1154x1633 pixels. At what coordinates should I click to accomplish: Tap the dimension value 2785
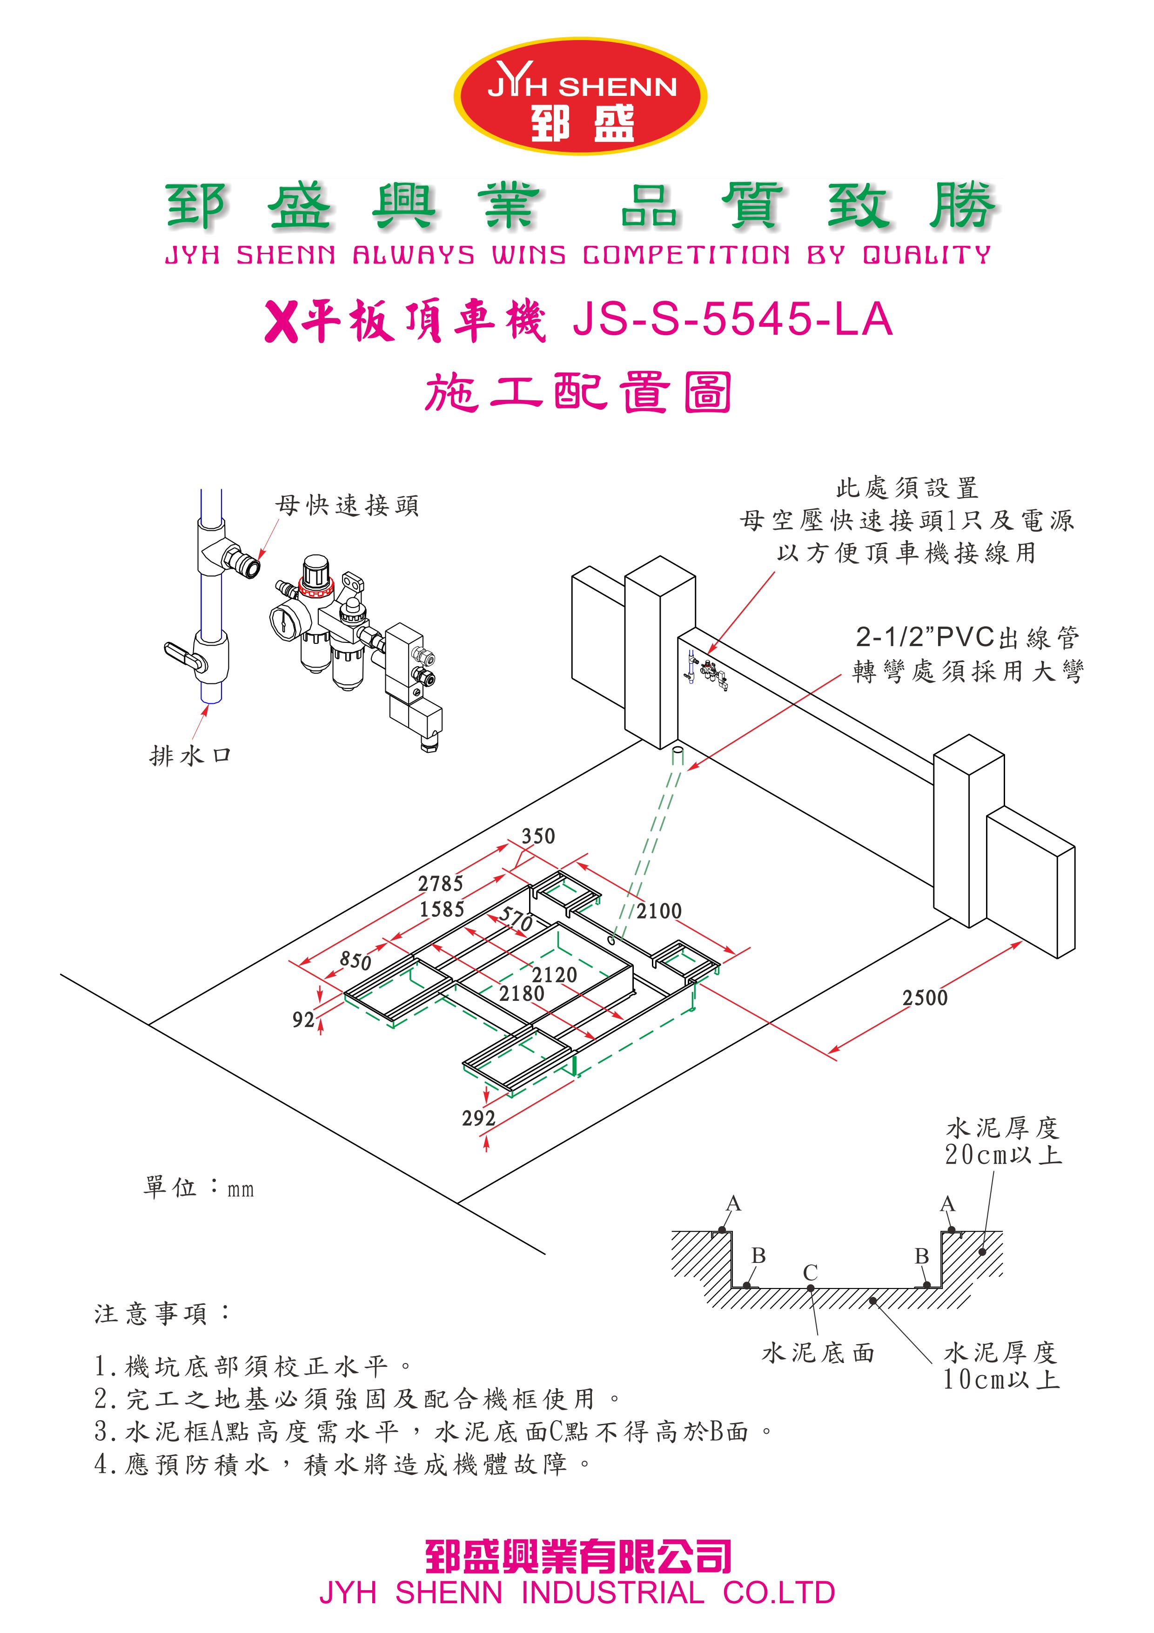click(x=440, y=884)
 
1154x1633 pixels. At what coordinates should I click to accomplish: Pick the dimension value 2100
click(x=658, y=911)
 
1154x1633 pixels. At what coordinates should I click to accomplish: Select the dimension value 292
click(x=478, y=1119)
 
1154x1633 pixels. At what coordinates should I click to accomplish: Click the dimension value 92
click(x=303, y=1020)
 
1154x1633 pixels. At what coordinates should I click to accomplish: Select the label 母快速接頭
click(x=347, y=506)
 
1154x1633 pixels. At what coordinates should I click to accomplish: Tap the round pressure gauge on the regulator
click(x=283, y=620)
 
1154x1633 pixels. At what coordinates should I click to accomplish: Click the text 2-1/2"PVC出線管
click(x=967, y=637)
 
